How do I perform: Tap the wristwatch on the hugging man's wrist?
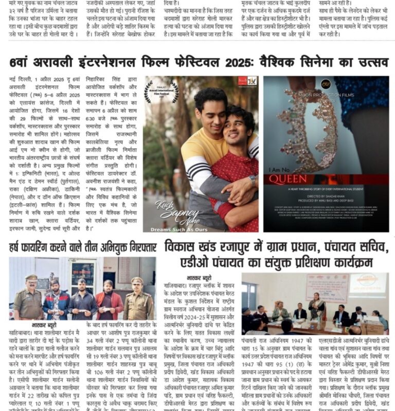252,180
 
